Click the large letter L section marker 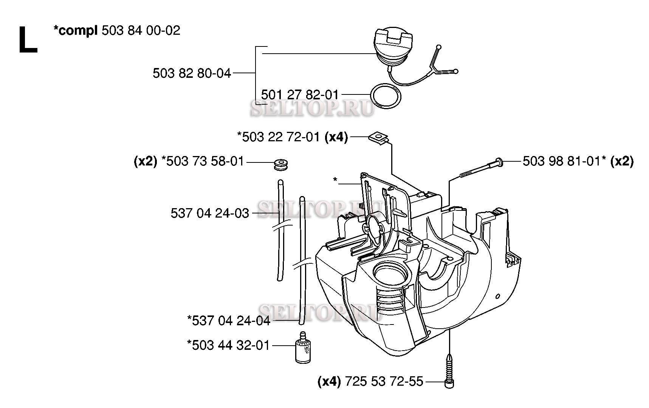28,40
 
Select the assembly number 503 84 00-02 141,31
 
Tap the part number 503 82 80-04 192,73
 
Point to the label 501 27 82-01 300,94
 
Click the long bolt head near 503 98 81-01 499,162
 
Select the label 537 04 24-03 210,213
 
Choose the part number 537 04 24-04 231,321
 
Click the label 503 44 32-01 231,345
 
